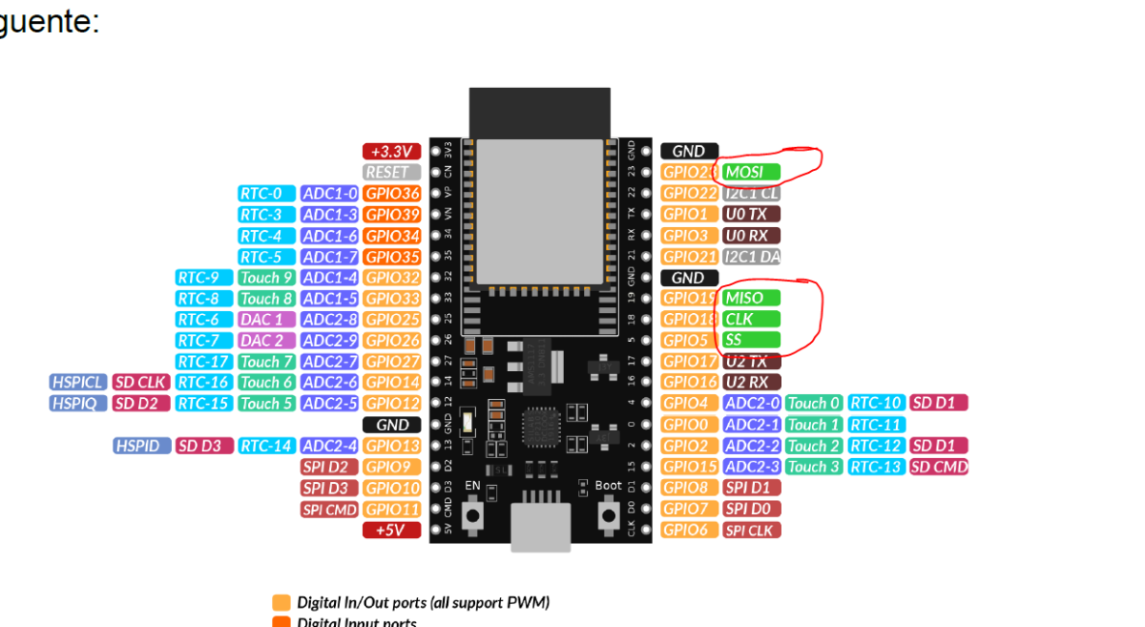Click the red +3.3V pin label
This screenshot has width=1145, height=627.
(x=391, y=151)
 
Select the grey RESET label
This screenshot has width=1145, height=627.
(x=391, y=172)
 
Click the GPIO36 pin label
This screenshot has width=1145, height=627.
(x=391, y=194)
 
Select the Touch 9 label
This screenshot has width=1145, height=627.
(x=266, y=278)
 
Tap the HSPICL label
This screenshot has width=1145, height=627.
(x=77, y=383)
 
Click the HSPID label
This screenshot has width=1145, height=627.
(x=142, y=446)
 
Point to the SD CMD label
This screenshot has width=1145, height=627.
(x=939, y=467)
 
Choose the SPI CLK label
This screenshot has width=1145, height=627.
(x=751, y=530)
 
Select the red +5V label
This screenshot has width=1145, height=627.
(x=391, y=530)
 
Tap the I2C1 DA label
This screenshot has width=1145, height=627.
(x=751, y=257)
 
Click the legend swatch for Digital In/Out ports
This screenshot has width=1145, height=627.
(x=281, y=603)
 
